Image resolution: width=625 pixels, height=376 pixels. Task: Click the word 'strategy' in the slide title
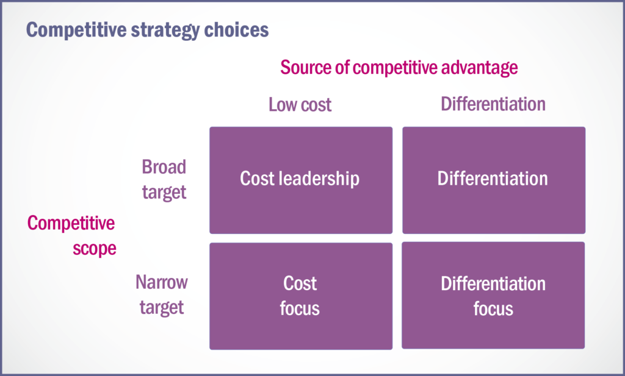(x=165, y=30)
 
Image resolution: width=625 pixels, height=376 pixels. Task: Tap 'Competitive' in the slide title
(x=76, y=30)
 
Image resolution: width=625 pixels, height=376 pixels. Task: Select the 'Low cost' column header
(x=300, y=105)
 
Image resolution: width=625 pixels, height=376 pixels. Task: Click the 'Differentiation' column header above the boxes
(x=493, y=104)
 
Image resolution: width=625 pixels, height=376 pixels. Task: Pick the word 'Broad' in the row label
(x=164, y=167)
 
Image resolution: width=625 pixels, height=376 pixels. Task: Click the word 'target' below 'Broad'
(x=164, y=192)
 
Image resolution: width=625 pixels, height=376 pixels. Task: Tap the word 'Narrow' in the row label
(x=161, y=282)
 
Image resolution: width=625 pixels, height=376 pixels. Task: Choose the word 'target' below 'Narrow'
(x=161, y=308)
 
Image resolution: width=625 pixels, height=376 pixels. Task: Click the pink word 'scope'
(x=95, y=249)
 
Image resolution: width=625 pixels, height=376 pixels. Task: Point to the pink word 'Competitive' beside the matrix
(x=71, y=223)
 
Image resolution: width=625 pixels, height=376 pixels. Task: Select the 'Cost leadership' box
(x=301, y=180)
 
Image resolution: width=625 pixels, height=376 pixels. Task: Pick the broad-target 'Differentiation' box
(x=494, y=180)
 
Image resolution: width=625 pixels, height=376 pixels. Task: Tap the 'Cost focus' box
(x=301, y=296)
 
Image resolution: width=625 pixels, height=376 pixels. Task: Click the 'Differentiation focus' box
(x=493, y=296)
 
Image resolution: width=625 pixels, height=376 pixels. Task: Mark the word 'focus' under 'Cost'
(x=300, y=309)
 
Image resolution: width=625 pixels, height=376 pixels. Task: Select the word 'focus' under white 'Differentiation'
(x=493, y=309)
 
